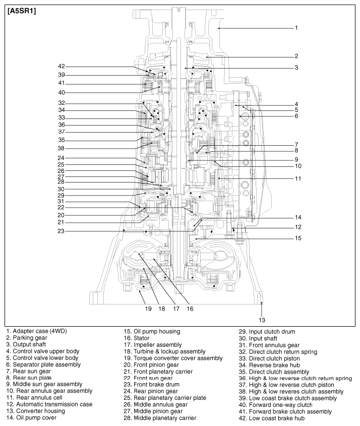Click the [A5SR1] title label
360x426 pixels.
tap(21, 11)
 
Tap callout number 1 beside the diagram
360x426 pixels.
tap(297, 28)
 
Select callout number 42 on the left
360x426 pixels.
tap(61, 67)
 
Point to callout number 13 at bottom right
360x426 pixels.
tap(262, 320)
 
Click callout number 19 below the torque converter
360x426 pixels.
tap(148, 309)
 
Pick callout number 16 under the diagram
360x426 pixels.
tap(190, 309)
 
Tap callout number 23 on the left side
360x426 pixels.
tap(61, 231)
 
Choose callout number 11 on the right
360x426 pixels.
tap(298, 178)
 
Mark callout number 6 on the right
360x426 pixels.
tap(297, 116)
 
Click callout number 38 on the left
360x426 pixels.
tap(61, 148)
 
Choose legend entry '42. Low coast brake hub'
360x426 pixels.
tap(274, 418)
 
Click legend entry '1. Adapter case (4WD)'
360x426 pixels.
tap(36, 331)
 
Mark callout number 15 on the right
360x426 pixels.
tap(298, 238)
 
